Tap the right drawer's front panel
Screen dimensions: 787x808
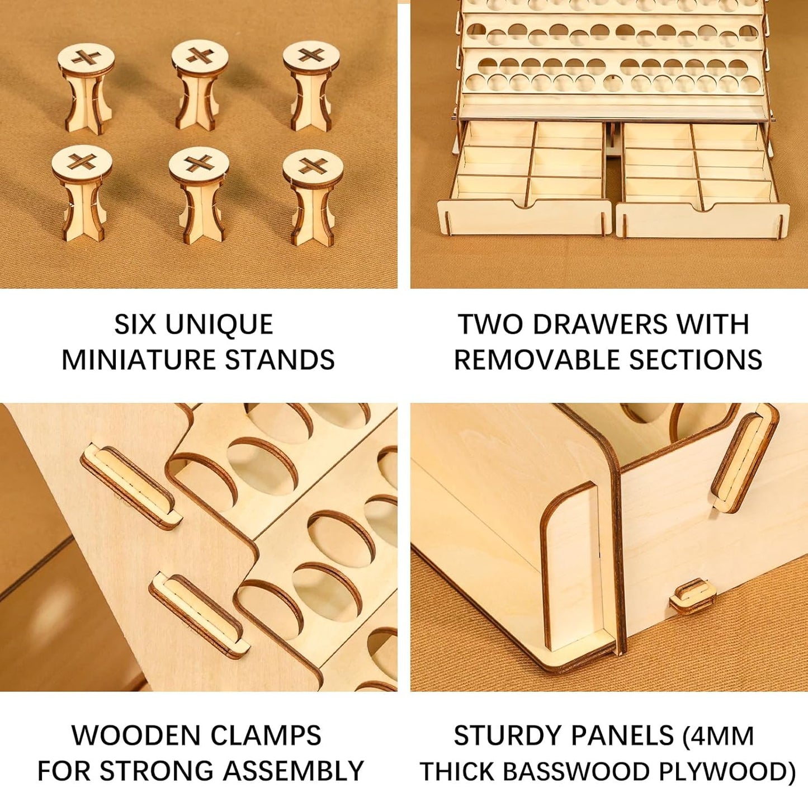click(x=702, y=220)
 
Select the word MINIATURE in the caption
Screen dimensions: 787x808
click(x=140, y=360)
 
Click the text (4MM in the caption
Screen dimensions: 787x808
click(x=718, y=736)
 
